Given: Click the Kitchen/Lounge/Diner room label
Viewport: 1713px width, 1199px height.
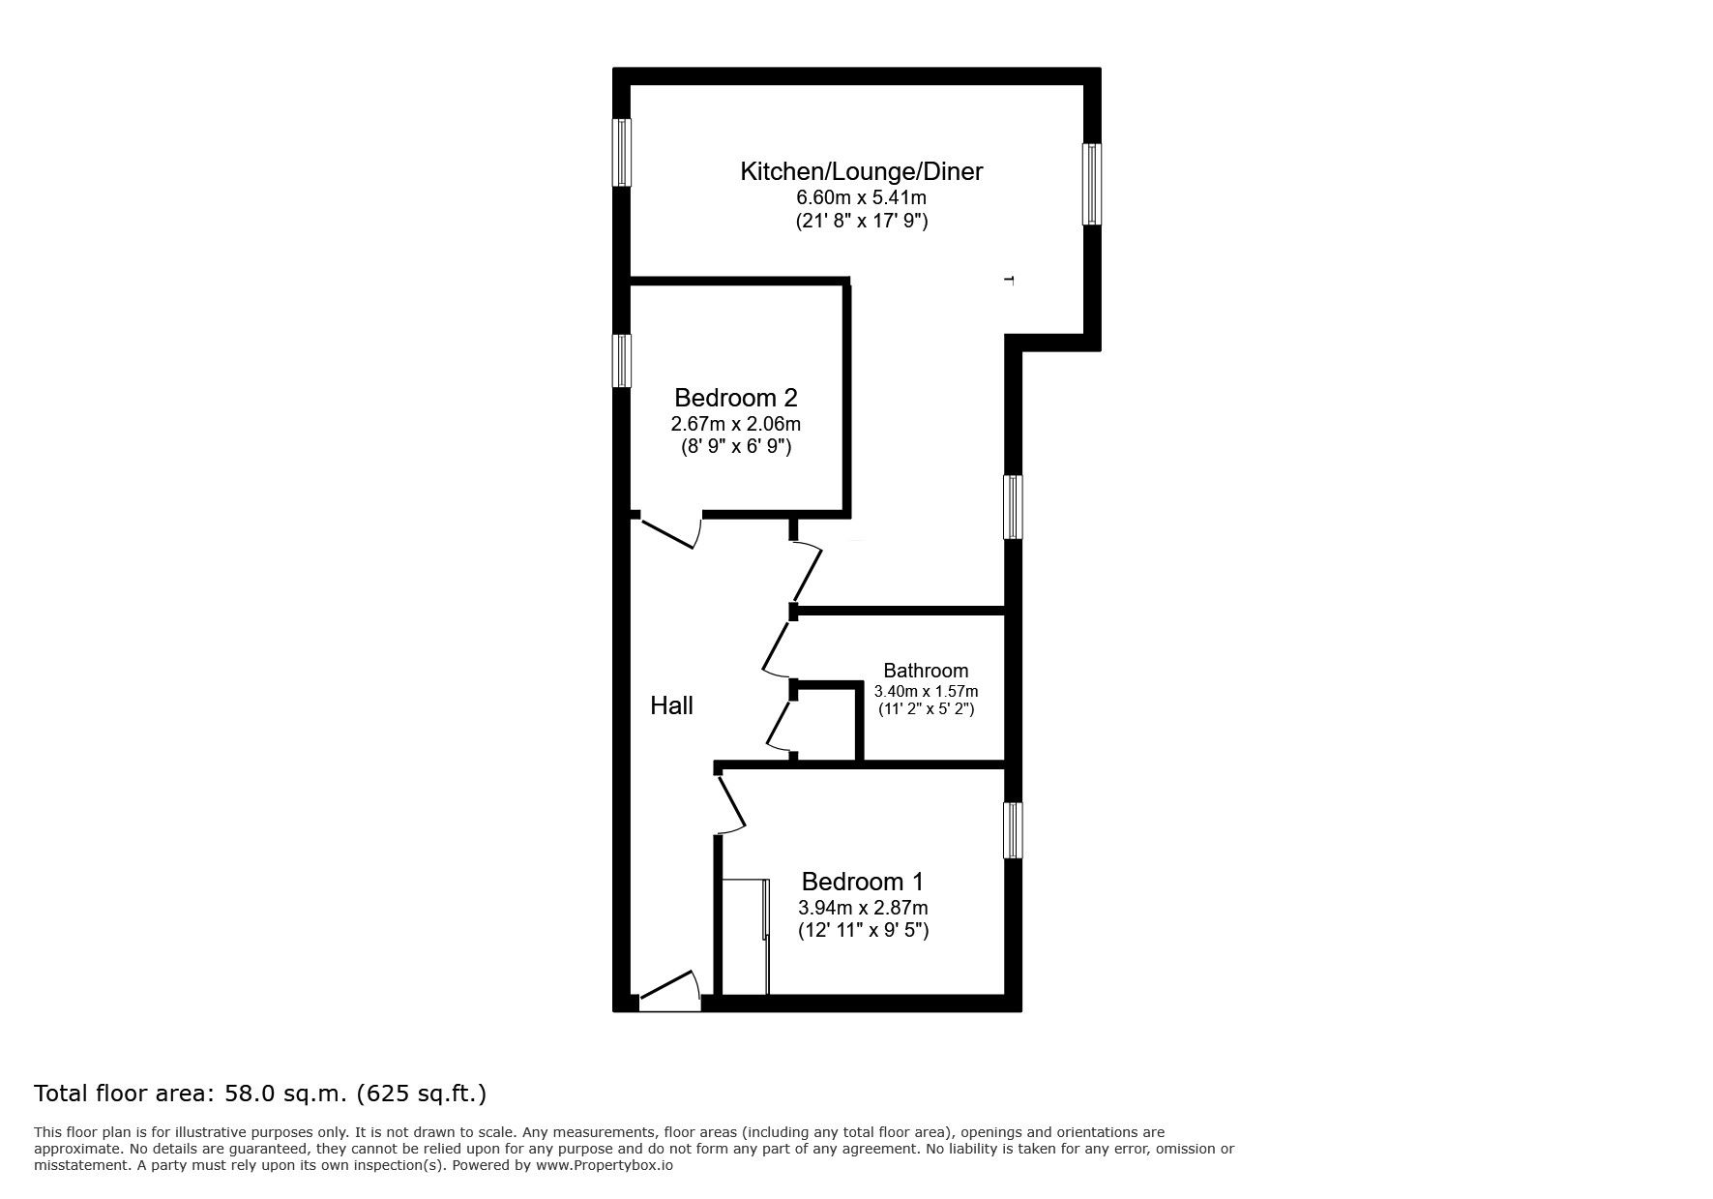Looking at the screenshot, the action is tap(861, 172).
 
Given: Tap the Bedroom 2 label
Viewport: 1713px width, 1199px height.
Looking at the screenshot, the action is tap(735, 398).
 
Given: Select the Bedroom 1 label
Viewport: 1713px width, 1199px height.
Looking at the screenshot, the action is tap(863, 882).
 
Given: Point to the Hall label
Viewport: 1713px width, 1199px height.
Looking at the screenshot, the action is tap(671, 705).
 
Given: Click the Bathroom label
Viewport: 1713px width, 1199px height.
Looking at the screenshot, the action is tap(926, 671).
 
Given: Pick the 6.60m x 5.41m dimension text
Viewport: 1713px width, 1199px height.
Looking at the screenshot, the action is tap(861, 197).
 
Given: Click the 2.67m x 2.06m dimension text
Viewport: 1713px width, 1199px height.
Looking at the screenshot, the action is tap(735, 424).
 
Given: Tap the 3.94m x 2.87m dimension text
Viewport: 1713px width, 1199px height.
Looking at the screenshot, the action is tap(863, 908).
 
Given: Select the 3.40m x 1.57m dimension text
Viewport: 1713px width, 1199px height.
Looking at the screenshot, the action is tap(926, 691).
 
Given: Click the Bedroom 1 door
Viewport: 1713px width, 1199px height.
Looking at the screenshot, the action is tap(730, 803).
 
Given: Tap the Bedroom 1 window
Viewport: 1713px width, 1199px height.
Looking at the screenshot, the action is tap(1013, 829).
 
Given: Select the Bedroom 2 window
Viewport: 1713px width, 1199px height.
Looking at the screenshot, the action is tap(621, 361).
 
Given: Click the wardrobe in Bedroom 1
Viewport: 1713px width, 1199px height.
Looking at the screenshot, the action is tap(746, 936).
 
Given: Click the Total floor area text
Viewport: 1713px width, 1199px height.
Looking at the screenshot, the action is tap(260, 1094).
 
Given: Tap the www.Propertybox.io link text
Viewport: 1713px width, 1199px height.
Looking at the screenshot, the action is tap(605, 1166).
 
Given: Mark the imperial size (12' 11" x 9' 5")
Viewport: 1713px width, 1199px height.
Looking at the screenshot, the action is tap(863, 932).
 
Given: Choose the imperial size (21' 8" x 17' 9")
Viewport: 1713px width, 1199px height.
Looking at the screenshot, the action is tap(861, 222).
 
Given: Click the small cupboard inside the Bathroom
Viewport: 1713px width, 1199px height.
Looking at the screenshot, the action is tap(828, 723).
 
